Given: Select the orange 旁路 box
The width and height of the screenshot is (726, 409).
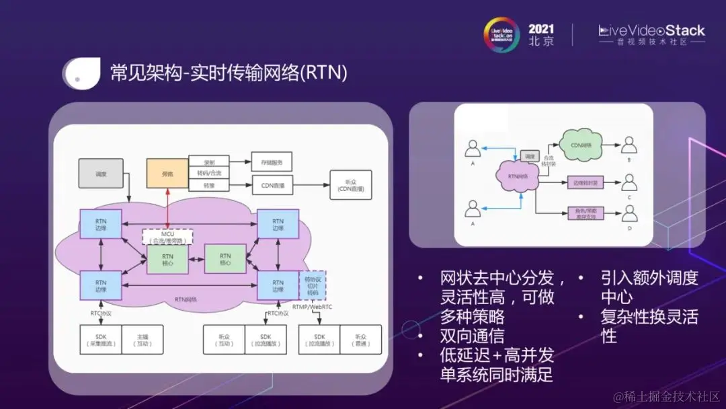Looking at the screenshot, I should click(x=167, y=174).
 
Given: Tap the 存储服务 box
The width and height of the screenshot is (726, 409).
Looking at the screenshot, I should click(x=272, y=161).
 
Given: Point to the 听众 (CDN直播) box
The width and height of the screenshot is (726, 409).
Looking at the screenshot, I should click(x=350, y=185).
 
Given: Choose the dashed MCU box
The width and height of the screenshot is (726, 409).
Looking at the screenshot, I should click(x=167, y=237).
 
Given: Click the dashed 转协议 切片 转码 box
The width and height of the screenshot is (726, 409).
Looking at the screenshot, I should click(x=312, y=285).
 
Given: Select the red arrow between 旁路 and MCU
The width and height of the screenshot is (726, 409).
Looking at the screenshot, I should click(x=167, y=209).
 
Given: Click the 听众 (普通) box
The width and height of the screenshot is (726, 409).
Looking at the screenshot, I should click(x=361, y=340).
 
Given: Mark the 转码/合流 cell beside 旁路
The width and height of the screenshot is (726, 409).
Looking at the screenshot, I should click(x=208, y=173).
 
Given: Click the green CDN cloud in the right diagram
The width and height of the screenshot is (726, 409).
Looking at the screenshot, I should click(x=580, y=146).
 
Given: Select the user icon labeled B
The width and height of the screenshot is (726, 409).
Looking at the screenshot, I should click(x=629, y=146).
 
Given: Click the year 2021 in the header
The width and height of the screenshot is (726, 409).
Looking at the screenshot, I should click(x=541, y=28).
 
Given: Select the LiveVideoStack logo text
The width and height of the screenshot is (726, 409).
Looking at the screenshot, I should click(x=651, y=30).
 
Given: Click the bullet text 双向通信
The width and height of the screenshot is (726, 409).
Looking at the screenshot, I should click(x=472, y=336).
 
